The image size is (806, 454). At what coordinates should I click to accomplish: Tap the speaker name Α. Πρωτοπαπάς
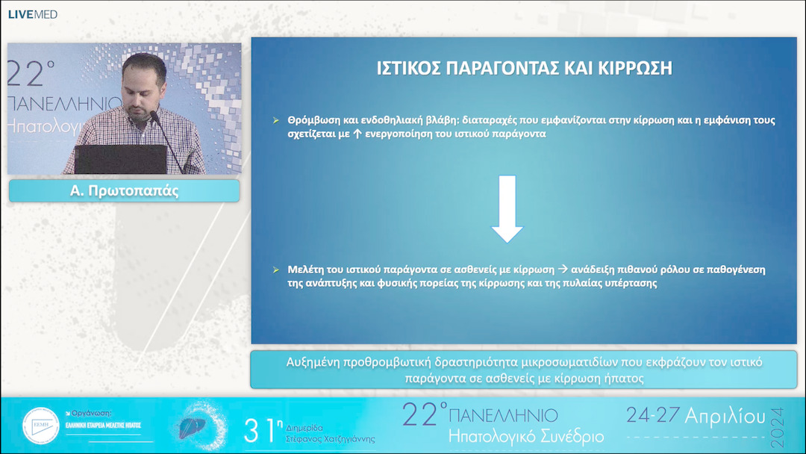(x=124, y=191)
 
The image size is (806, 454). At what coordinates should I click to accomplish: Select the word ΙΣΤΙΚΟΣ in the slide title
(x=410, y=69)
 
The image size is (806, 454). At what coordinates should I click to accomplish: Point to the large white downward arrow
(x=507, y=209)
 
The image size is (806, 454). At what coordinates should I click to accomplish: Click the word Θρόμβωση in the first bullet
(x=313, y=120)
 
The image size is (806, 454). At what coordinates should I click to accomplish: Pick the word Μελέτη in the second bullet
(x=304, y=269)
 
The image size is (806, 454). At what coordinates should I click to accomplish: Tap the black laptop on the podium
(x=119, y=159)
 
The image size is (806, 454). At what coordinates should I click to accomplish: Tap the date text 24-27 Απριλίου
(x=696, y=416)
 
